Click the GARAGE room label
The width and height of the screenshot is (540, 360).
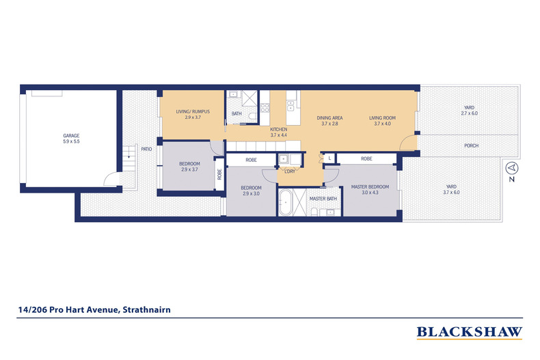71,135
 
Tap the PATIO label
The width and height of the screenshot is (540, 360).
146,148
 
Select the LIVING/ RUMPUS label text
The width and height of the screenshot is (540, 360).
192,111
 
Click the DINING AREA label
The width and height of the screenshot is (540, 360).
329,117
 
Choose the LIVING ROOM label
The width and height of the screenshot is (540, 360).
383,117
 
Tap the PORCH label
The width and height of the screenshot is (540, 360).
470,146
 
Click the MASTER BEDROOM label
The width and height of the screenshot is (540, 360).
370,186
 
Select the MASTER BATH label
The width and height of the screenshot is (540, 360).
323,199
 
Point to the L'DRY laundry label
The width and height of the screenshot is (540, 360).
288,171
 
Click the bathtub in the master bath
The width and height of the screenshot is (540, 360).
286,203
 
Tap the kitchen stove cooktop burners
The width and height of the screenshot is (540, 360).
265,107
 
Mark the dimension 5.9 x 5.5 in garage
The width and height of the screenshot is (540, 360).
71,142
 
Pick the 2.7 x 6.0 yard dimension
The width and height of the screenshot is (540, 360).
469,113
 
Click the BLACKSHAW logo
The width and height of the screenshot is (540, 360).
469,333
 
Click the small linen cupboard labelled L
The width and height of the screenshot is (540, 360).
329,158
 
